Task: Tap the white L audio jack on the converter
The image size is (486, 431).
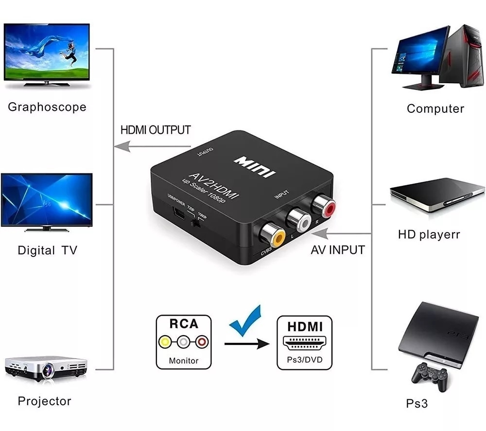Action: click(299, 220)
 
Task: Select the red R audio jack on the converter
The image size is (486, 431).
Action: click(324, 205)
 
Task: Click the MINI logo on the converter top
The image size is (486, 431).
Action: click(255, 167)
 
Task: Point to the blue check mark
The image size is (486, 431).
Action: click(245, 321)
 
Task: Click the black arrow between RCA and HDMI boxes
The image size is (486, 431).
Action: click(247, 344)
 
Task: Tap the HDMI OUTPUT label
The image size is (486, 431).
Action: click(156, 130)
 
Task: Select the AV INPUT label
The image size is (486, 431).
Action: click(338, 250)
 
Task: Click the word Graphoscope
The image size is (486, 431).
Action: click(47, 107)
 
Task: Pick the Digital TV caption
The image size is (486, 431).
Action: click(48, 250)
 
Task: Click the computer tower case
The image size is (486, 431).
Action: click(462, 55)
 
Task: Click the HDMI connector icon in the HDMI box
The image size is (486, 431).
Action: click(304, 343)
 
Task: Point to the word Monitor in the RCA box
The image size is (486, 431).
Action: click(184, 360)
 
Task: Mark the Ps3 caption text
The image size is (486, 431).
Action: click(417, 403)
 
